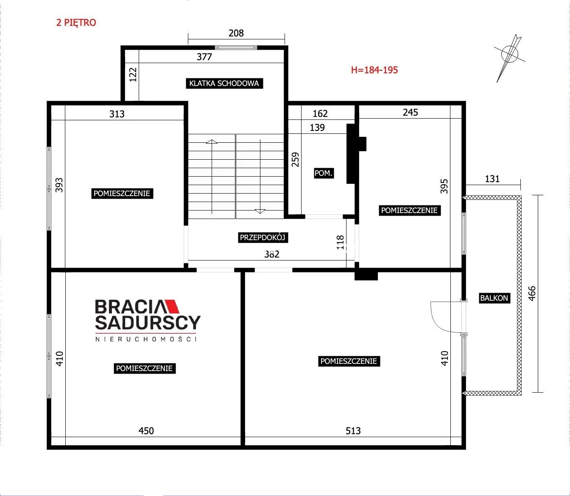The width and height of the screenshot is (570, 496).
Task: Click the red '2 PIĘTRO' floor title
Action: (x=76, y=22)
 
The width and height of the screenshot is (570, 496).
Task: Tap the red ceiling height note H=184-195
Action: (x=374, y=70)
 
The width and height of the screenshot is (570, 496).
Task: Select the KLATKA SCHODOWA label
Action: (x=224, y=83)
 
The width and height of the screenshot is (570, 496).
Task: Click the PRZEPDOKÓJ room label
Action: (x=263, y=238)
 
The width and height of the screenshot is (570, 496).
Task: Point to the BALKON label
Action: (x=494, y=298)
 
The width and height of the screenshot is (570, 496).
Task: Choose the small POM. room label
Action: (x=324, y=173)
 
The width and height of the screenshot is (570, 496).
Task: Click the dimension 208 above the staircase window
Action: (x=236, y=33)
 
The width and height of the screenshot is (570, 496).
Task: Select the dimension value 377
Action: (x=204, y=57)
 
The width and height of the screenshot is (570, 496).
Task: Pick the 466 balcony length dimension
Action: (x=532, y=294)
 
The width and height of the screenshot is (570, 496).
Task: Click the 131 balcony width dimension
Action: (x=492, y=179)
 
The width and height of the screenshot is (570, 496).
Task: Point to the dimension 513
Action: (x=353, y=431)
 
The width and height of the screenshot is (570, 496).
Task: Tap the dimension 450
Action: (x=146, y=431)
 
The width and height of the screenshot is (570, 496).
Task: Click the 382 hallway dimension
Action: (x=271, y=254)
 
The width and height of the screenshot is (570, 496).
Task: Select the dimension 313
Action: (x=117, y=114)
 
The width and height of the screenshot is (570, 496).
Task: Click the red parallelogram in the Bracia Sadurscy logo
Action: (x=172, y=307)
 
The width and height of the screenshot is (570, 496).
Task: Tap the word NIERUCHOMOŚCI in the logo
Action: (x=146, y=339)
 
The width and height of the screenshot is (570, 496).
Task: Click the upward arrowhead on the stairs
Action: (x=212, y=141)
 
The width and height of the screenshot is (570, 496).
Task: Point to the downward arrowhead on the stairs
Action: (x=260, y=211)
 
